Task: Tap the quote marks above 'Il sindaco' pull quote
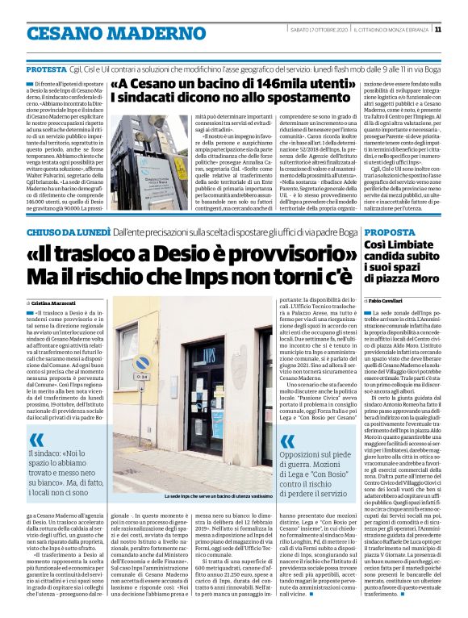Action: tap(37, 418)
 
